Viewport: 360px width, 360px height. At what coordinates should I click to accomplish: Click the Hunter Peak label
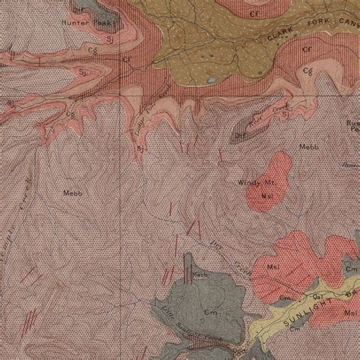coord(76,24)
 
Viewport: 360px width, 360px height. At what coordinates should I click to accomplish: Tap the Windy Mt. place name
coord(261,183)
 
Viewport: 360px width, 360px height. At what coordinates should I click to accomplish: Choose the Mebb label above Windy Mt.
coord(308,147)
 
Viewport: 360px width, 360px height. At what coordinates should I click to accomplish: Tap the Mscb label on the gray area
coord(200,275)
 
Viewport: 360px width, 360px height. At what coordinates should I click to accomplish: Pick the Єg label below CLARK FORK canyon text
coord(308,71)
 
